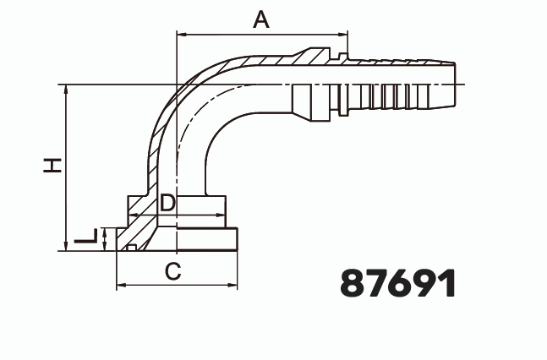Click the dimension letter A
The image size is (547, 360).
(262, 19)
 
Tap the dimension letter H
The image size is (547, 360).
(53, 165)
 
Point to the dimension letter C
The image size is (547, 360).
(172, 271)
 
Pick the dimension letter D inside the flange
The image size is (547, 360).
(167, 203)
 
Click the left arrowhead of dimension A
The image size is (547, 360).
(180, 35)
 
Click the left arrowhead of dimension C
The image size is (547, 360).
(120, 286)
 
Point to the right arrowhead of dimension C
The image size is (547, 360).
(238, 286)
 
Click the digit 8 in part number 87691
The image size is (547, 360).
(353, 283)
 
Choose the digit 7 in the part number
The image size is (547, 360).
(378, 283)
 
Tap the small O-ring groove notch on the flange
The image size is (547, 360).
(132, 247)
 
